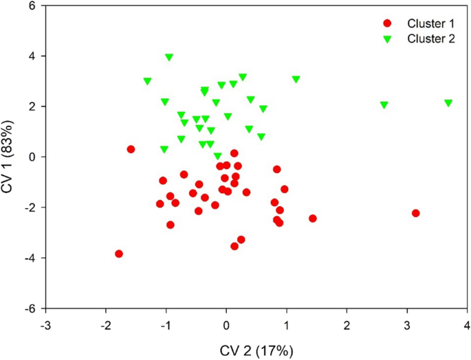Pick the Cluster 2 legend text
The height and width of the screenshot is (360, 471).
click(x=430, y=39)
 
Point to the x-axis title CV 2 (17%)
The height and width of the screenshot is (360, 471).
click(x=256, y=350)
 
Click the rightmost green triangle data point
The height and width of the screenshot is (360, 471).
click(x=448, y=103)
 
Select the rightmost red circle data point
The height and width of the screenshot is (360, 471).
click(x=415, y=213)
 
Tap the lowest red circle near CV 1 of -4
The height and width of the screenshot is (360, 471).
click(x=119, y=254)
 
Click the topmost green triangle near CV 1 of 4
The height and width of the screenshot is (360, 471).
click(x=169, y=58)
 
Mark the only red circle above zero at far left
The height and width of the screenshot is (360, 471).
click(x=131, y=149)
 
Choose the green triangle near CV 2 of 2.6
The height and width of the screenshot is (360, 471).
click(x=384, y=105)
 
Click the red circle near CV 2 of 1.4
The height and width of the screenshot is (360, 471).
click(x=312, y=218)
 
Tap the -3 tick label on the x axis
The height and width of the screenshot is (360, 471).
click(x=45, y=324)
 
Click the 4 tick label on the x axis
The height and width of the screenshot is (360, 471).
click(x=467, y=324)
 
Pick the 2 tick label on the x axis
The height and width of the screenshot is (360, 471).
click(x=347, y=324)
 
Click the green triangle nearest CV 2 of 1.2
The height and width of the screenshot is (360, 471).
click(x=296, y=80)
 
